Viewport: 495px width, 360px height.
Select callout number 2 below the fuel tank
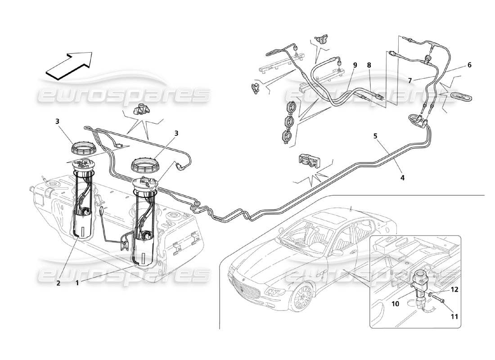tap(58, 283)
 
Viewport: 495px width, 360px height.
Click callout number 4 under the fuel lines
tap(402, 178)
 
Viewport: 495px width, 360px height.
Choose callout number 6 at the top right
tap(469, 65)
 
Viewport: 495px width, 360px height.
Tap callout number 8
tap(369, 65)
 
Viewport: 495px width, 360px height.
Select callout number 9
tap(355, 65)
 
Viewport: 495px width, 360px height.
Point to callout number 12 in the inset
tap(455, 290)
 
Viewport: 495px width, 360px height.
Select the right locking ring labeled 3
tap(145, 164)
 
